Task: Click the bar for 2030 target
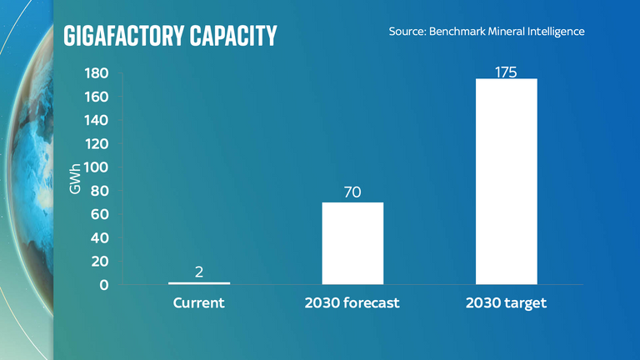(506, 182)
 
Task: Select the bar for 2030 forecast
(352, 243)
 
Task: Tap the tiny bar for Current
(199, 283)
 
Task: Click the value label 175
(506, 72)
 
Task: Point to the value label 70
(352, 192)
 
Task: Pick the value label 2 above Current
(199, 272)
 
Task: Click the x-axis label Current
(199, 303)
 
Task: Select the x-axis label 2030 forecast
(352, 303)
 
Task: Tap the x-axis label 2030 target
(506, 303)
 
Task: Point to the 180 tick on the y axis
(97, 74)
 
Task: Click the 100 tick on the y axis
(97, 167)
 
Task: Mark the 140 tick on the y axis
(97, 121)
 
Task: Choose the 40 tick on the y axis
(100, 238)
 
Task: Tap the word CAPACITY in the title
(235, 36)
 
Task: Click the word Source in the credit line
(407, 32)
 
